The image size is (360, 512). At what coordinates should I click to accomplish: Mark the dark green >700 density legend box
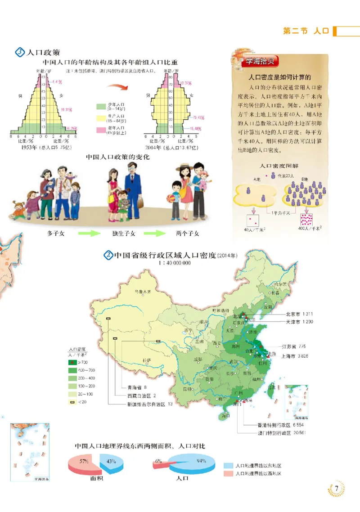pyautogui.click(x=71, y=362)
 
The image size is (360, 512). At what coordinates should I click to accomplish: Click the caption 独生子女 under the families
pyautogui.click(x=123, y=234)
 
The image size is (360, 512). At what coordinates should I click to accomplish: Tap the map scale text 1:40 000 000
pyautogui.click(x=175, y=263)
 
